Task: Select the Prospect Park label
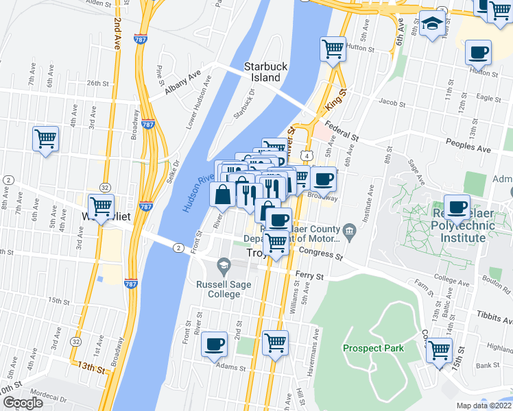coord(373,348)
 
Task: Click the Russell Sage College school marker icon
coord(224,264)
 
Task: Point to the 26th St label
coord(98,84)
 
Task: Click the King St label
coord(335,95)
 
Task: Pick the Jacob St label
coord(392,103)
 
